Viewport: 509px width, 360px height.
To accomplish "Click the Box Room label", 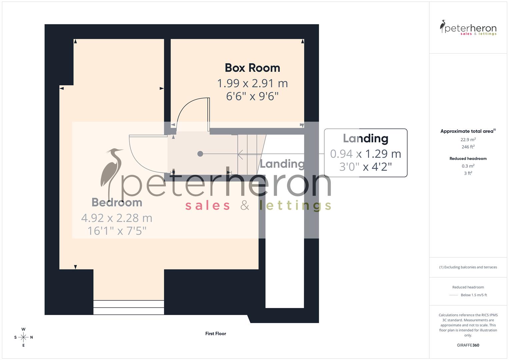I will (252, 68).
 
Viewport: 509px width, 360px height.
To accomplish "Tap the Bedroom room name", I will (117, 202).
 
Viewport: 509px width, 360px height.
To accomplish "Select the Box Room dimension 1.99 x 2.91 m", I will (252, 83).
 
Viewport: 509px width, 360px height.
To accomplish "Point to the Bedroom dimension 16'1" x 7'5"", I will (117, 231).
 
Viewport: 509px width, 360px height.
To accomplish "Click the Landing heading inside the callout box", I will (365, 139).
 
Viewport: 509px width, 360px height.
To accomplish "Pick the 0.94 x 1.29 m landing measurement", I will (365, 154).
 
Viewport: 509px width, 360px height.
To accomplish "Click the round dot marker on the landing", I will (200, 154).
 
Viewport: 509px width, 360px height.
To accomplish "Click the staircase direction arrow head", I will (240, 154).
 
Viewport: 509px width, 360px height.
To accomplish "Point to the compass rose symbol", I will (23, 337).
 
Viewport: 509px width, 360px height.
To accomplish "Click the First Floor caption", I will (216, 333).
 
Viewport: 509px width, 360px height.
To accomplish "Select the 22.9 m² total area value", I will (468, 140).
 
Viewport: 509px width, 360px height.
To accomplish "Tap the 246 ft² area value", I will (468, 147).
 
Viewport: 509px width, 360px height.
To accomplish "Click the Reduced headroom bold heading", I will (468, 159).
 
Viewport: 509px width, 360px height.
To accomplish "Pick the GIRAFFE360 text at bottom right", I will (468, 345).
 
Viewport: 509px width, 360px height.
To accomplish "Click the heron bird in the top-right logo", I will (443, 26).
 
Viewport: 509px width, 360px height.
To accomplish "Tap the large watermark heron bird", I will (112, 172).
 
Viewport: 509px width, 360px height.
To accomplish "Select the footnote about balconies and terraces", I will (468, 267).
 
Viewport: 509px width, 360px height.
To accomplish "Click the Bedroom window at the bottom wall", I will (129, 307).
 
